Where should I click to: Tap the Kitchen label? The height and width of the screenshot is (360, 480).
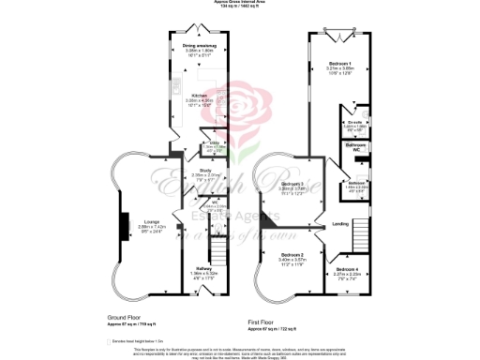pos(200,96)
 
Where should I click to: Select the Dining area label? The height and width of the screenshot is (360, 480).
pos(200,44)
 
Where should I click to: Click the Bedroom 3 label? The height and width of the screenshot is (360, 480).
pos(295,183)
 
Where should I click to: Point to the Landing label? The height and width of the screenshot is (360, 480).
pos(341,222)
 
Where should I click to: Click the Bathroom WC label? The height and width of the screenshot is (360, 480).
pos(355,147)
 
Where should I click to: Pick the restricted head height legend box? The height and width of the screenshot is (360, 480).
pos(111,341)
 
